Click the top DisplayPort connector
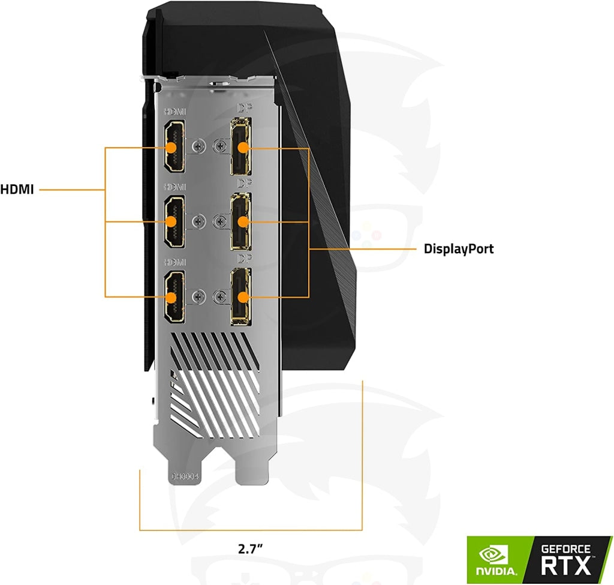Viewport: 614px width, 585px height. (x=241, y=147)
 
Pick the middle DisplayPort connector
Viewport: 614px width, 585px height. (x=241, y=221)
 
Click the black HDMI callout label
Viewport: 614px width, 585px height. (x=17, y=190)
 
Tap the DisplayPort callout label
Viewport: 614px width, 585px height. (x=459, y=248)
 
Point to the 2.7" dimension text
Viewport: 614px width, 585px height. (x=250, y=548)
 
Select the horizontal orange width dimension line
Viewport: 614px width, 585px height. (x=251, y=530)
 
